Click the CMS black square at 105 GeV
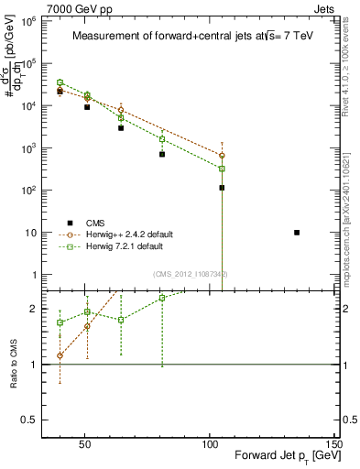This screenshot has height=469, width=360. click(222, 188)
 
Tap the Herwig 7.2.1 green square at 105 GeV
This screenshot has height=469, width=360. click(222, 169)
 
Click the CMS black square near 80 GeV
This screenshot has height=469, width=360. click(162, 154)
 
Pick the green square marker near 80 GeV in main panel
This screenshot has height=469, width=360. click(162, 139)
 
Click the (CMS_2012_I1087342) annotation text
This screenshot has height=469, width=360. click(190, 274)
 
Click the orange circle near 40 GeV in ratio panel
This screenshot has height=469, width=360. click(60, 355)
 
